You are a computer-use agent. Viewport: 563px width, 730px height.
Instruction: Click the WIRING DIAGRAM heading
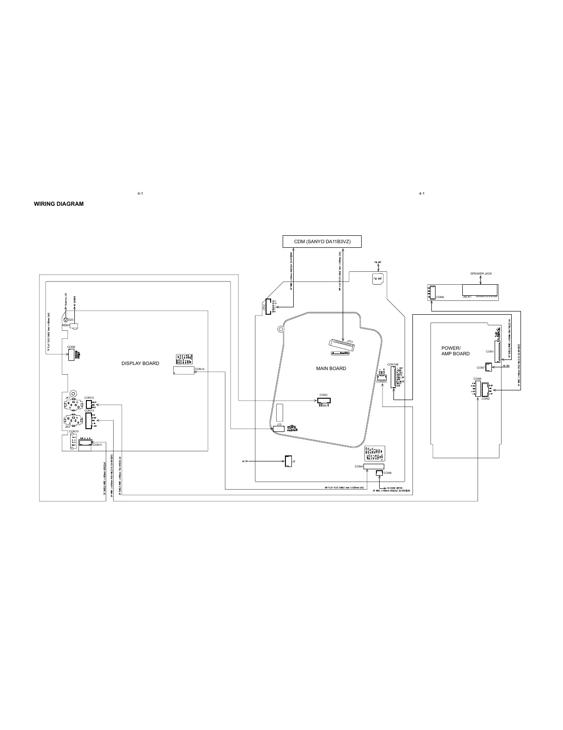coord(59,204)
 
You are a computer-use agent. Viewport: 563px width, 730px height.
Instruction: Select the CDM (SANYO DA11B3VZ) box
coord(322,242)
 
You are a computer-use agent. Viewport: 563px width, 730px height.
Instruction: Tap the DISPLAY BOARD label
coord(140,363)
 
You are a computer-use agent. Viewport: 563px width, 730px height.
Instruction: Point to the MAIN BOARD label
coord(331,368)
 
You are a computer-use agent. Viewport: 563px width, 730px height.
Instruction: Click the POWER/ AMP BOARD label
coord(455,351)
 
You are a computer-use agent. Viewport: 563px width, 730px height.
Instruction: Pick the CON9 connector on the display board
coord(71,354)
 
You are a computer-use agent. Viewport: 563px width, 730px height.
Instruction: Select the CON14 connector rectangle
coord(184,370)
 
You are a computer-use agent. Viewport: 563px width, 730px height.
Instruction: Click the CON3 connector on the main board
coord(323,400)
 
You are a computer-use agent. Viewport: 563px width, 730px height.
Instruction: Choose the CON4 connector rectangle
coord(374,467)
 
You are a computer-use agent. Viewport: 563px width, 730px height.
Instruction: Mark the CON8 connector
coord(380,473)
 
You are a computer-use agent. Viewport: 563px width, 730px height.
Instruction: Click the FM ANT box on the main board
coord(377,279)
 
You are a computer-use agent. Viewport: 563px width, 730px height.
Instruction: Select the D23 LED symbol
coord(65,320)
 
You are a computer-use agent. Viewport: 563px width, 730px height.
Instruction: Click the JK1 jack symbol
coord(71,405)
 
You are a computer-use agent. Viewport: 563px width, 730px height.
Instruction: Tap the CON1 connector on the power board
coord(497,351)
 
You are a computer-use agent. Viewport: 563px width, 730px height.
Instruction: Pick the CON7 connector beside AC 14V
coord(489,367)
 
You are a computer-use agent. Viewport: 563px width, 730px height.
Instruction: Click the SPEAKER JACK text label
coord(481,274)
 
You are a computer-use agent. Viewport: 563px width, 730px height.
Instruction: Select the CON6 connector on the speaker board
coord(430,292)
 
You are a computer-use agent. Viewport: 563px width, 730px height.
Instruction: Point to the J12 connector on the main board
coord(278,429)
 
